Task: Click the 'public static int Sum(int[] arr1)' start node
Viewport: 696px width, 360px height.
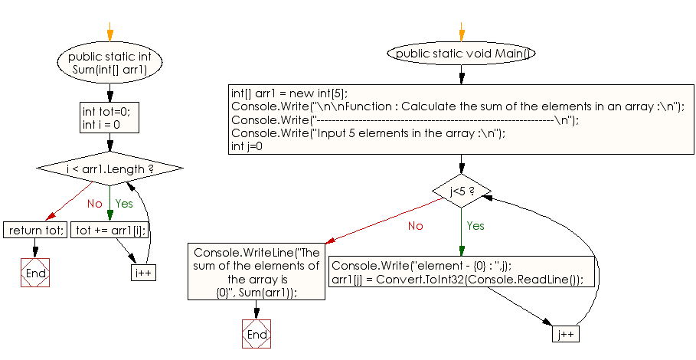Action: [x=109, y=62]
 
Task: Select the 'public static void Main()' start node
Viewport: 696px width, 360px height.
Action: [x=462, y=54]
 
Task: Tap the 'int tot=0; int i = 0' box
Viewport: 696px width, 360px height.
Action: [x=109, y=118]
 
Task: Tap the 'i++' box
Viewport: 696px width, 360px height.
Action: [x=144, y=273]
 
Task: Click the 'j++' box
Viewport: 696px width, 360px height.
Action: [x=564, y=335]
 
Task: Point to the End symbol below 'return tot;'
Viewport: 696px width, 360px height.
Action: [x=35, y=273]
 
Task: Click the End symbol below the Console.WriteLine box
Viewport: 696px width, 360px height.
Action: [x=257, y=335]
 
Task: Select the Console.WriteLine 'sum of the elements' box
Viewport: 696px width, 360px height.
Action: [x=257, y=272]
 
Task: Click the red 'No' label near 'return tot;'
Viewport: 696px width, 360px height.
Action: [x=94, y=205]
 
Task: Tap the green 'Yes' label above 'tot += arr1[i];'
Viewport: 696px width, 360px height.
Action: [x=123, y=205]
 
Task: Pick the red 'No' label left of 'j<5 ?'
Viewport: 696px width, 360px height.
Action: [x=415, y=226]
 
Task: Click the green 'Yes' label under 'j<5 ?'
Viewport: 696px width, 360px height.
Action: [x=475, y=226]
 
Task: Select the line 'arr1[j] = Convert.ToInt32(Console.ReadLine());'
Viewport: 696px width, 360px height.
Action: [x=457, y=280]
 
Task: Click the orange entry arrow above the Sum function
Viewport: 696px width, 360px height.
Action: [x=109, y=35]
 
